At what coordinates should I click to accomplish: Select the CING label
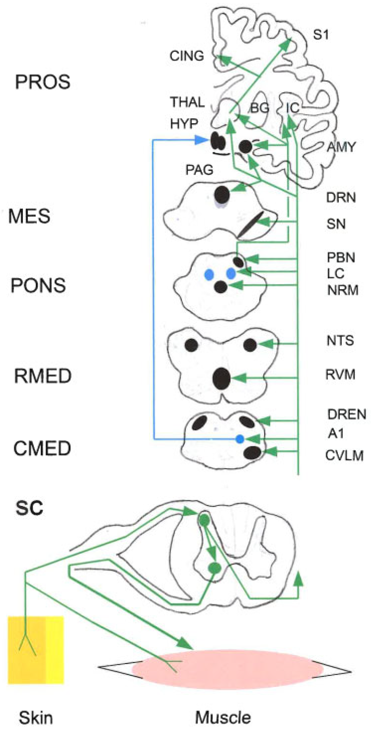pyautogui.click(x=187, y=56)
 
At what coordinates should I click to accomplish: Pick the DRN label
pyautogui.click(x=341, y=198)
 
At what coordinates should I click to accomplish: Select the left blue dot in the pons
pyautogui.click(x=209, y=274)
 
